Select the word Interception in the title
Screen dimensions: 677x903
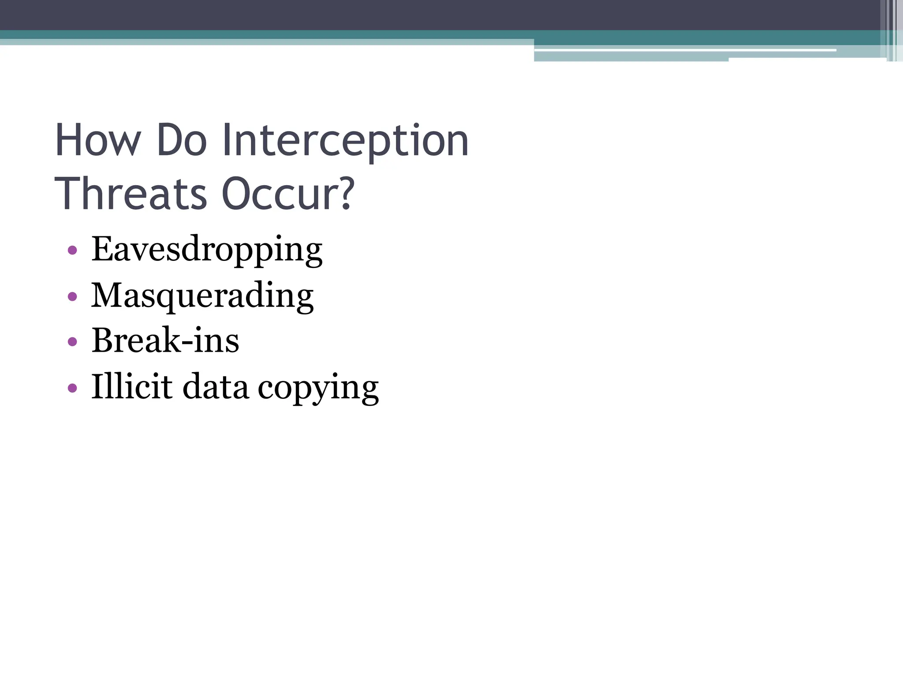[x=345, y=141]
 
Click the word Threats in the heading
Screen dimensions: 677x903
[x=131, y=194]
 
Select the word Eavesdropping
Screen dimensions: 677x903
[x=207, y=249]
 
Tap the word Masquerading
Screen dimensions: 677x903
[x=202, y=295]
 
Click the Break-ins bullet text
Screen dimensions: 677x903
[x=165, y=340]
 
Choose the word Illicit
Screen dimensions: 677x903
[x=132, y=386]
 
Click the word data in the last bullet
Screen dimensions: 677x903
[x=215, y=386]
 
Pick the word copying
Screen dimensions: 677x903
[x=318, y=388]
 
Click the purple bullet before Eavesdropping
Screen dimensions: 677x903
[x=73, y=251]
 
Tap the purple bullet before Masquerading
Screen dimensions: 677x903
[x=73, y=297]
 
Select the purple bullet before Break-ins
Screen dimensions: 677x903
[x=73, y=342]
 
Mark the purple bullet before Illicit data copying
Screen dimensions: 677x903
[x=73, y=388]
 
